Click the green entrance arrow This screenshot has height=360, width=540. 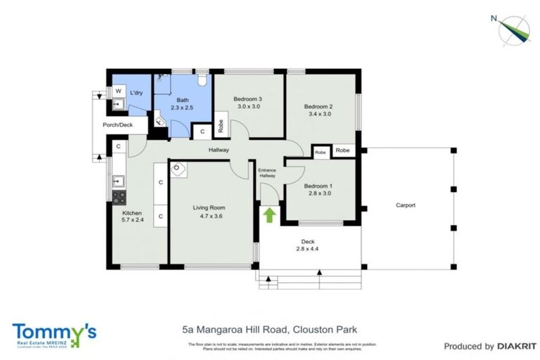click(x=269, y=214)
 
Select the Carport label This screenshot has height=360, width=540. click(x=405, y=205)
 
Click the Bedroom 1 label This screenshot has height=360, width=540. click(x=319, y=186)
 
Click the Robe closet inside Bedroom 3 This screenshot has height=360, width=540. click(x=221, y=124)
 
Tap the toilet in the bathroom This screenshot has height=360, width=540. click(x=202, y=80)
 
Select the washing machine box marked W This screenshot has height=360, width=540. click(x=117, y=91)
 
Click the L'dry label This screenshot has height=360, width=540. click(x=137, y=93)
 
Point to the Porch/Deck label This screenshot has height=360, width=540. click(x=117, y=125)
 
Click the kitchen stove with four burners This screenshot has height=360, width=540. click(x=119, y=198)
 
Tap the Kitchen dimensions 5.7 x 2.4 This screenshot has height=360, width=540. click(x=132, y=221)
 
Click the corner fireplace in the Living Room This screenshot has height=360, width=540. click(x=177, y=169)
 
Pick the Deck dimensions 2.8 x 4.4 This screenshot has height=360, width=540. click(x=308, y=249)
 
